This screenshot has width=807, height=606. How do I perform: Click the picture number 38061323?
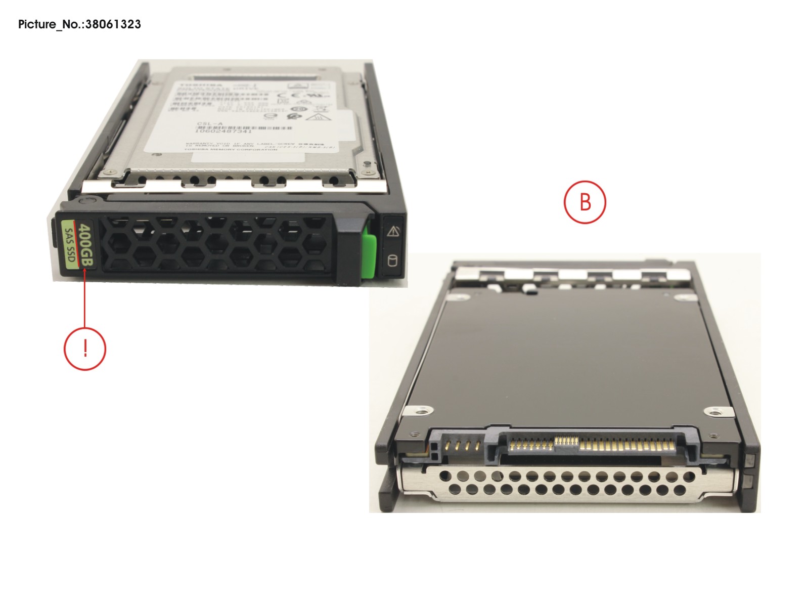(x=113, y=24)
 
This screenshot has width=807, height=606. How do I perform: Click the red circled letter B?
(x=585, y=202)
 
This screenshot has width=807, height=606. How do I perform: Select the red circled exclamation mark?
(x=84, y=349)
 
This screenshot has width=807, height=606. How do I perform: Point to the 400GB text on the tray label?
(x=86, y=245)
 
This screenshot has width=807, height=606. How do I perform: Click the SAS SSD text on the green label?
(x=70, y=245)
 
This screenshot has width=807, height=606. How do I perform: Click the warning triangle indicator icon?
(x=393, y=232)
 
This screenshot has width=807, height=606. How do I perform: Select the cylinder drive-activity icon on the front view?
(x=392, y=261)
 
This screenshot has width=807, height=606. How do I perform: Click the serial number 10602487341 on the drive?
(x=223, y=132)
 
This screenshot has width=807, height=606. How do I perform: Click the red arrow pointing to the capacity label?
(x=85, y=298)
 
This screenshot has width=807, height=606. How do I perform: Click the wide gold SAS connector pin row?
(x=627, y=446)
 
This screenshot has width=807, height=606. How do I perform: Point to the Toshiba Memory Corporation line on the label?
(x=230, y=150)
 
